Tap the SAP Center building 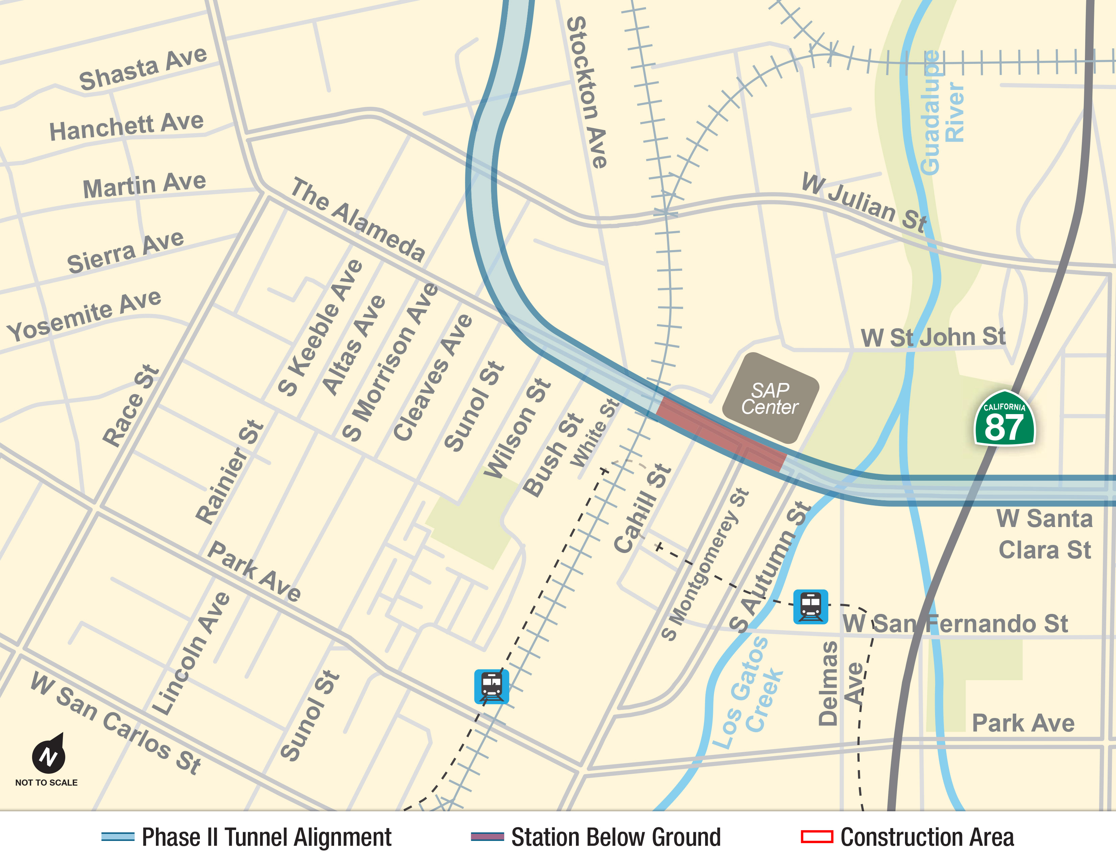tap(770, 398)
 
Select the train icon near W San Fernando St tap(810, 607)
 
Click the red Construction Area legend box tap(817, 837)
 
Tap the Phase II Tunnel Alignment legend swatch tap(118, 837)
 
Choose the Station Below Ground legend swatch tap(487, 837)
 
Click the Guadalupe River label tap(941, 112)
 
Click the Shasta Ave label tap(143, 69)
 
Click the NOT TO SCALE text tap(47, 782)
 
